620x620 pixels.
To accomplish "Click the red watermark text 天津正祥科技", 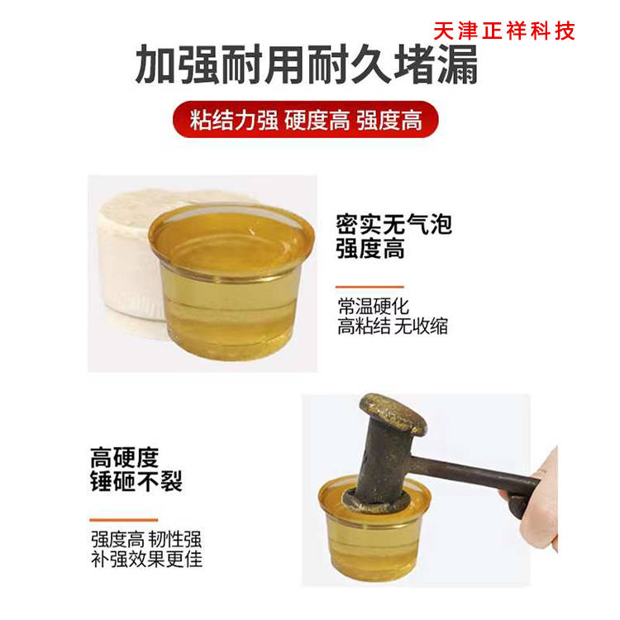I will point(503,31).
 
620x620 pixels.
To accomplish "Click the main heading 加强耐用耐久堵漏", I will point(307,66).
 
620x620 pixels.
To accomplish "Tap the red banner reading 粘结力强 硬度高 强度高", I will point(306,121).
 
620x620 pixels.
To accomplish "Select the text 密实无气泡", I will point(394,225).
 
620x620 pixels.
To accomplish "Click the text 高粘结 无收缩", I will point(392,326).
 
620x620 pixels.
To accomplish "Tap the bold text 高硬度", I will point(124,458).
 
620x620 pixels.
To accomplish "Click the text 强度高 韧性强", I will point(145,540).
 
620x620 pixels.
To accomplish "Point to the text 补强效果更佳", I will point(145,560).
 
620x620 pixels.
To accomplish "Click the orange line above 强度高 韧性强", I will point(124,520).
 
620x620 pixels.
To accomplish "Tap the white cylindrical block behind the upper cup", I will point(124,256).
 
